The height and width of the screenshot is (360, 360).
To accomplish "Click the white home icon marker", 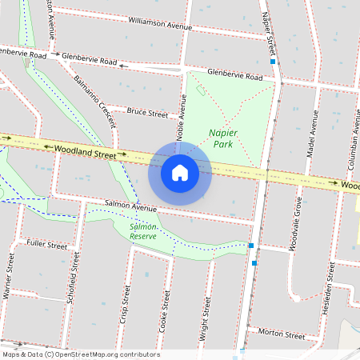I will pyautogui.click(x=180, y=173).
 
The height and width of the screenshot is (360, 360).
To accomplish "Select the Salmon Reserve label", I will pyautogui.click(x=143, y=232).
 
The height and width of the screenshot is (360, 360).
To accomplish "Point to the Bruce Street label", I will pyautogui.click(x=148, y=113).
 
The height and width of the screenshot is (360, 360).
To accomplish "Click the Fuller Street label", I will pyautogui.click(x=47, y=244).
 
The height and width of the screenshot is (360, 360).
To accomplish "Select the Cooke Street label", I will pyautogui.click(x=166, y=311).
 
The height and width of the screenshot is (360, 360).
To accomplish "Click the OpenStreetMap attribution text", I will pyautogui.click(x=80, y=354).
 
